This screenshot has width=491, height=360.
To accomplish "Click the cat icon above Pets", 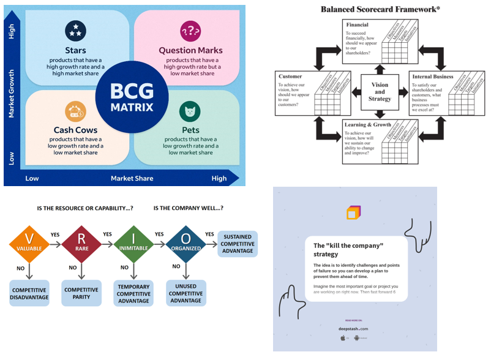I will click(190, 112).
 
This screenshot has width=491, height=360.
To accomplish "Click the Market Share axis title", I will click(132, 179).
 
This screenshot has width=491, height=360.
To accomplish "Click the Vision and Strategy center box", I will click(380, 92).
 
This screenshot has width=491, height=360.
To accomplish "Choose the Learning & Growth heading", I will click(368, 124).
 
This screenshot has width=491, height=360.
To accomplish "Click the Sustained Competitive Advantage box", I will click(238, 244).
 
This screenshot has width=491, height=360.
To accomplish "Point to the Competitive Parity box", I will click(81, 293).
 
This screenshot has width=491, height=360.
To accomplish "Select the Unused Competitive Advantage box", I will click(186, 293).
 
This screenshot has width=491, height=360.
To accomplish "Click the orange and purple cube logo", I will click(354, 212).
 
